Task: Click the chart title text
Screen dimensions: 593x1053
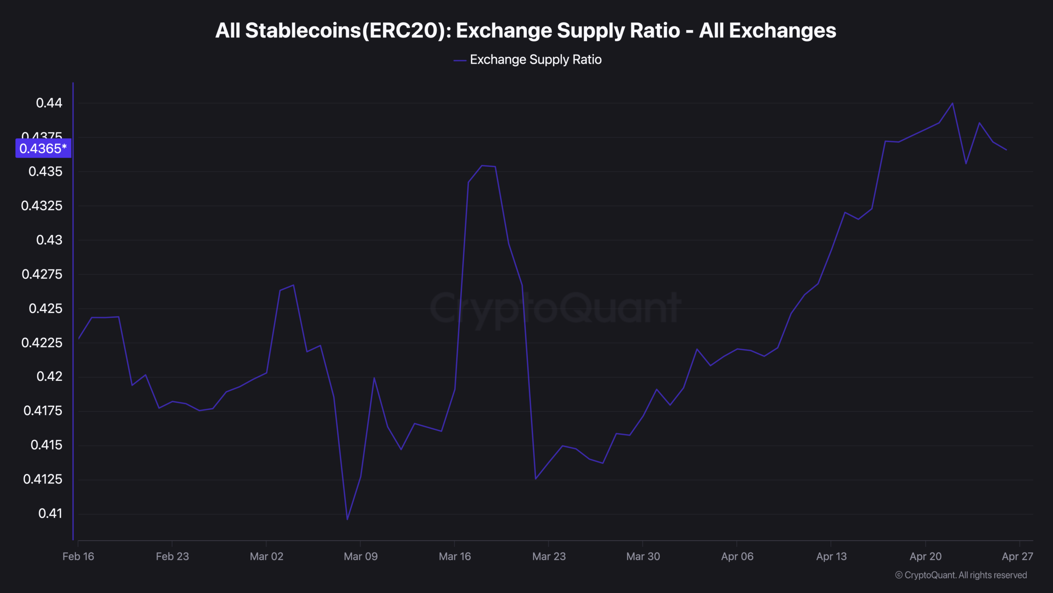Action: point(526,30)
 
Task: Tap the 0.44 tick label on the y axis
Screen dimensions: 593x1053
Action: point(49,103)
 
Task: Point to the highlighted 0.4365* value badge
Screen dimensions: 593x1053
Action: point(43,148)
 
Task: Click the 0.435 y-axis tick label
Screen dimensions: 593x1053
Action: point(45,171)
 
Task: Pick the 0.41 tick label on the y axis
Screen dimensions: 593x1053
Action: point(50,514)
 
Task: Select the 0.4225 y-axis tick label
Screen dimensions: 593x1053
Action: point(42,343)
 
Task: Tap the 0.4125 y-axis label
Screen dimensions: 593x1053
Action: point(43,479)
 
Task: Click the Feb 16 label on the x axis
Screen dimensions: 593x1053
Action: point(78,557)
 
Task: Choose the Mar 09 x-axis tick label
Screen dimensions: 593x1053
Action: point(360,557)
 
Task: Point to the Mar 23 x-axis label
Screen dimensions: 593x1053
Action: point(549,557)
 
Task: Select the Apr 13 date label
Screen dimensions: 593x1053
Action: point(831,557)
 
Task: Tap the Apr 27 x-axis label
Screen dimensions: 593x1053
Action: point(1017,557)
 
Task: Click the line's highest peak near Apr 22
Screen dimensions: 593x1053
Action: point(952,103)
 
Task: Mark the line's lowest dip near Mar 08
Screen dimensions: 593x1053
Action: point(347,519)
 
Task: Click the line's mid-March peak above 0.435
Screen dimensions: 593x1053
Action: point(482,166)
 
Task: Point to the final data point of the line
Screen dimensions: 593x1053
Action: point(1006,150)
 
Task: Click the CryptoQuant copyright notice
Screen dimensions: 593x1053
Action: point(961,575)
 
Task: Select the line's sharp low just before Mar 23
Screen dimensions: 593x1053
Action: point(536,479)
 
